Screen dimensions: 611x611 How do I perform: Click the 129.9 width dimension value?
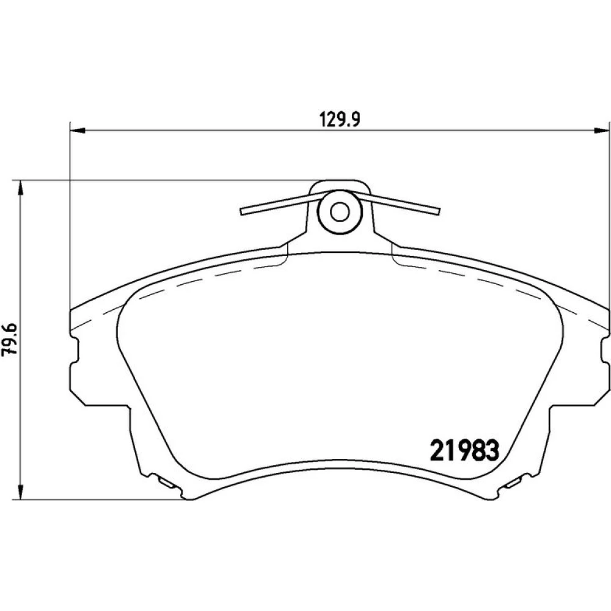[340, 119]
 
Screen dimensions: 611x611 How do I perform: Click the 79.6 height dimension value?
[9, 338]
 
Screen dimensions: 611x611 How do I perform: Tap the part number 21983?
[464, 450]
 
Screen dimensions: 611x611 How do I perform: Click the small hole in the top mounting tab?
[340, 212]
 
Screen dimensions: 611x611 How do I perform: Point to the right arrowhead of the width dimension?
[601, 131]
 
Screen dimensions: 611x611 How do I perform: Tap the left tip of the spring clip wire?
[242, 211]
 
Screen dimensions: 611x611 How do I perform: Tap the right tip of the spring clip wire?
[438, 211]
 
